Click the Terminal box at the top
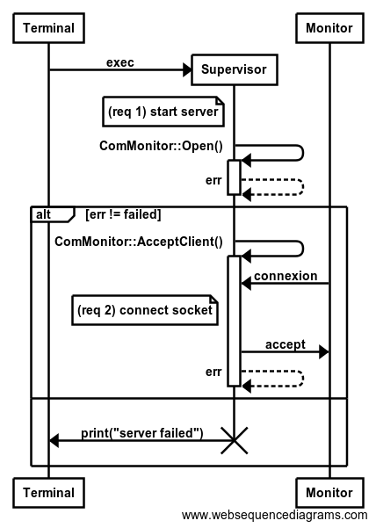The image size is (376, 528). (x=48, y=28)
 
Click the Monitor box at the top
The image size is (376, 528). (x=329, y=28)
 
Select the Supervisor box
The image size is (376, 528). (x=235, y=69)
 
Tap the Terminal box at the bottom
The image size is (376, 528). (x=48, y=493)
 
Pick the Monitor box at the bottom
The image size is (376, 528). (x=329, y=493)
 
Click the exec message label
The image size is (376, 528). (x=120, y=62)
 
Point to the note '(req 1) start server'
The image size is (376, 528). (x=163, y=112)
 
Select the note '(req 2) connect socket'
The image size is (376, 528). (x=145, y=310)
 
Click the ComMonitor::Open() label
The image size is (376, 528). (x=161, y=146)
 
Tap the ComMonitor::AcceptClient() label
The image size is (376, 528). (x=139, y=242)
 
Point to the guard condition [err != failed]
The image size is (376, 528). (x=123, y=214)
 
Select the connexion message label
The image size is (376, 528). (x=286, y=276)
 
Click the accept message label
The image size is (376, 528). (x=286, y=344)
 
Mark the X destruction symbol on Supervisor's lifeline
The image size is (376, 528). (x=235, y=440)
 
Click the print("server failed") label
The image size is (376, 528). (x=142, y=433)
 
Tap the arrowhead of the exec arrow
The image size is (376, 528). (x=187, y=69)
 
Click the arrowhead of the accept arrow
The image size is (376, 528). (x=324, y=352)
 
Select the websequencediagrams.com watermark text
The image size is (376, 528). (x=274, y=516)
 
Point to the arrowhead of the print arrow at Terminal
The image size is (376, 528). (x=54, y=440)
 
